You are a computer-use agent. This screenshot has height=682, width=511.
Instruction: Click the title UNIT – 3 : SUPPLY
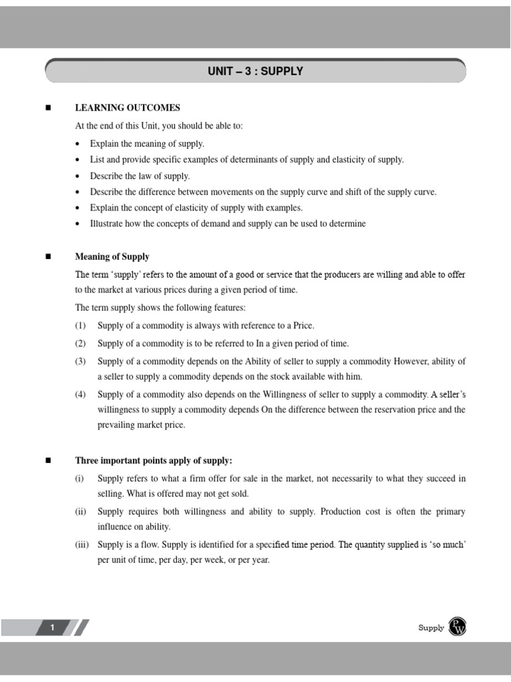255,71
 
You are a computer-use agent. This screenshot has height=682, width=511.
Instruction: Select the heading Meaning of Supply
112,256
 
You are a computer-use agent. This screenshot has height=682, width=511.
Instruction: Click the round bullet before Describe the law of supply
79,176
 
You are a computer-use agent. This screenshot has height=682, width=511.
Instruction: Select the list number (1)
81,326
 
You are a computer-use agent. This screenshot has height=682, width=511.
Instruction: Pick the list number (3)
81,361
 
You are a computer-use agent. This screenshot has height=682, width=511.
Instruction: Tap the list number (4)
81,394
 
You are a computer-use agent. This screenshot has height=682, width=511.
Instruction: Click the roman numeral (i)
79,478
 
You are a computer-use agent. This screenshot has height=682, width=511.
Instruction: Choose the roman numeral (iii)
82,545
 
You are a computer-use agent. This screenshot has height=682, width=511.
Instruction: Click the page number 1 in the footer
52,627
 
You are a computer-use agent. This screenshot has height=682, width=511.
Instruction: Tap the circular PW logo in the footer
458,627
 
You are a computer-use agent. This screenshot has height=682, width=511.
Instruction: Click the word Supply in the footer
430,627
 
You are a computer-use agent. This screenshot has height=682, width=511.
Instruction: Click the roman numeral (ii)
81,511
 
